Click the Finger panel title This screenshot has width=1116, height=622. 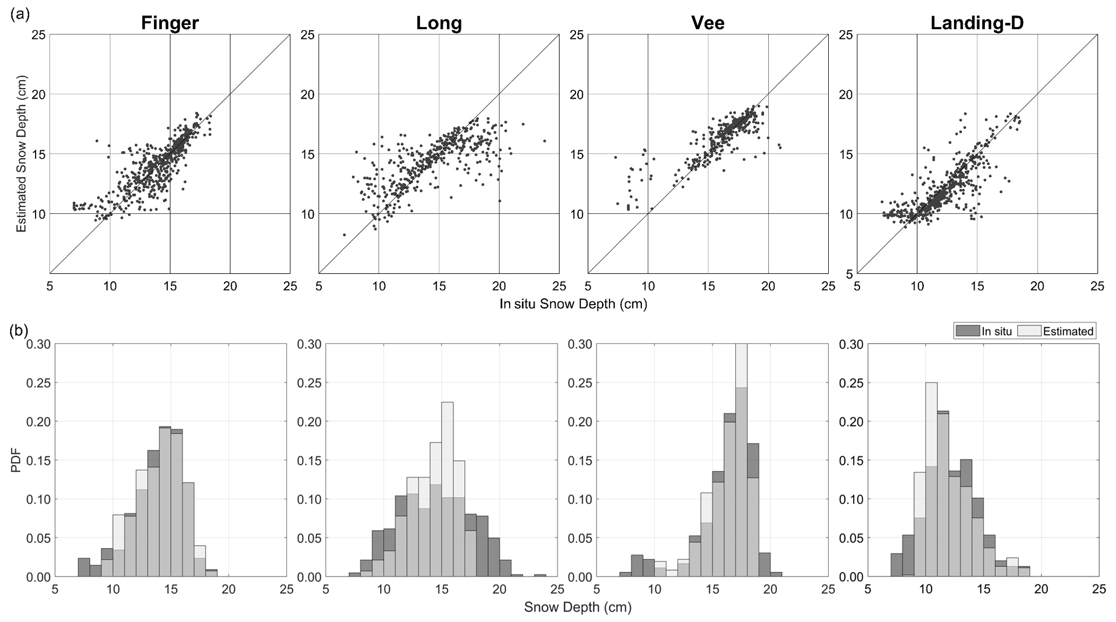(170, 23)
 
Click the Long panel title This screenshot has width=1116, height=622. (439, 23)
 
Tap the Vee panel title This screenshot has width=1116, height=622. (708, 23)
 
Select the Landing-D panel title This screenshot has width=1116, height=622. (977, 23)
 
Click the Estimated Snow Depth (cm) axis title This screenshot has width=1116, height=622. (22, 154)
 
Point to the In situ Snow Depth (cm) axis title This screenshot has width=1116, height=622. (573, 304)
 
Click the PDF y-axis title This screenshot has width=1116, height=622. (17, 461)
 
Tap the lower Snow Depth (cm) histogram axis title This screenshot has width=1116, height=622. (578, 607)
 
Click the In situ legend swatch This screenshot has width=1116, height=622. (967, 331)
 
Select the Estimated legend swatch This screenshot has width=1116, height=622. (1029, 331)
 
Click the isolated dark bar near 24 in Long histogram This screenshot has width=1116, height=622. (540, 576)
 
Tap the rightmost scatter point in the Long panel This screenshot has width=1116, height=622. (545, 141)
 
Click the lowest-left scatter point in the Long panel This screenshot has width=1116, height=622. (344, 234)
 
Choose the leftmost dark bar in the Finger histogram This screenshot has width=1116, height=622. (84, 568)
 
